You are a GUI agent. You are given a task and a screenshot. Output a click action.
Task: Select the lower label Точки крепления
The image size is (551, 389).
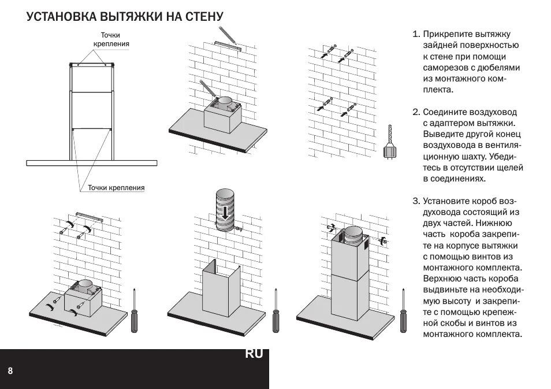pos(116,188)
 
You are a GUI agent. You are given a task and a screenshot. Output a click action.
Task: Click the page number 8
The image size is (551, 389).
pos(10,369)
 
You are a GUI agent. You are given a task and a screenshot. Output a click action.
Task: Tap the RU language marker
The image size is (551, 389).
pos(254,354)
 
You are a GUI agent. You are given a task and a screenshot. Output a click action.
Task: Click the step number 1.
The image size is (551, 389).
pos(415,35)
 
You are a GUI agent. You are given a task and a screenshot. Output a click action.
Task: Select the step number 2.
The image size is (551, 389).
pos(415,112)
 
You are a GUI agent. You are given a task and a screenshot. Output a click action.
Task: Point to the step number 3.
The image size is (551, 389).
pos(416,201)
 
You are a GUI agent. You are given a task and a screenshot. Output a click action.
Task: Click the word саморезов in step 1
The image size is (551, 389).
pos(446,68)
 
